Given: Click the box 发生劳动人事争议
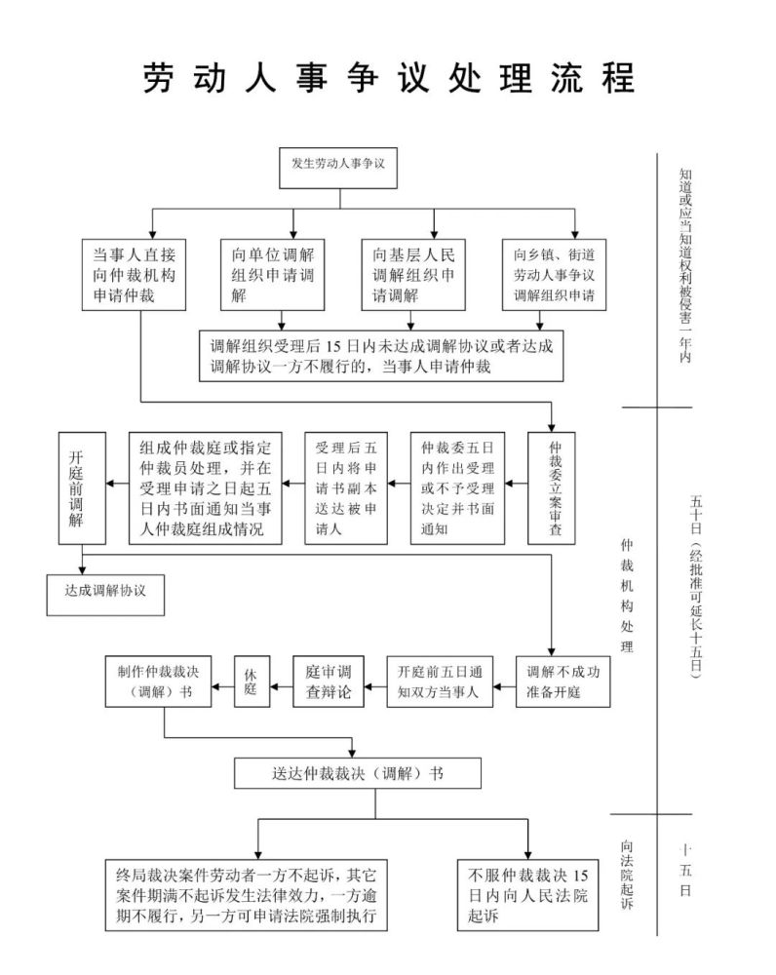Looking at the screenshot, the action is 337,168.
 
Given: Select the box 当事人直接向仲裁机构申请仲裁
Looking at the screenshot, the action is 134,275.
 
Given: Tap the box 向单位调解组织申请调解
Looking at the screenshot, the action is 272,275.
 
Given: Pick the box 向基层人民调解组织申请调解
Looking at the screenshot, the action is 413,275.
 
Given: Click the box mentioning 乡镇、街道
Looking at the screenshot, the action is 554,275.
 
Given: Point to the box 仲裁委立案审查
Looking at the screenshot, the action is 552,488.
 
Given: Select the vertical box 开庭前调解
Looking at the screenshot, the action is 82,488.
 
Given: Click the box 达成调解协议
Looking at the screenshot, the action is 105,595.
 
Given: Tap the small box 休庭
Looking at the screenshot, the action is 252,682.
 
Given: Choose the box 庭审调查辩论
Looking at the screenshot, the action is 329,682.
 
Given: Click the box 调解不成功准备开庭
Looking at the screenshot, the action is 563,682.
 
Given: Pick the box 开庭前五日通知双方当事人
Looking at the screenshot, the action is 440,682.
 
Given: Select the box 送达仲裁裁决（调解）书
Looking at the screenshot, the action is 358,773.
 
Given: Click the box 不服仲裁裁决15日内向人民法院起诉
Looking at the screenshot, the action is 528,895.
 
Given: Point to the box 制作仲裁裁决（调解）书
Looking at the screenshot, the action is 158,682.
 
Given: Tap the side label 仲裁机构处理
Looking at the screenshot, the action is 627,595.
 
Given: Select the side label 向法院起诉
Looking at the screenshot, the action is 627,874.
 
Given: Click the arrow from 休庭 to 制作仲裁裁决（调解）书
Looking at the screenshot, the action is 222,687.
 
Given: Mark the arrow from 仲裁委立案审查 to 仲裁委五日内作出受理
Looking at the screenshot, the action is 516,484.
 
